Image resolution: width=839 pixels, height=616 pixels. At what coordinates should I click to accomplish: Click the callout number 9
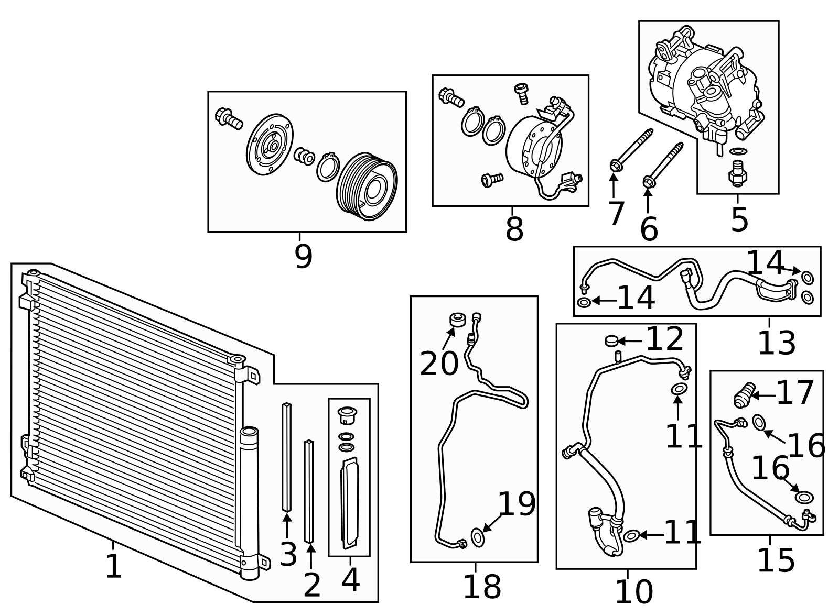point(303,256)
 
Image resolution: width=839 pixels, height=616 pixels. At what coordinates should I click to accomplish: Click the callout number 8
point(514,229)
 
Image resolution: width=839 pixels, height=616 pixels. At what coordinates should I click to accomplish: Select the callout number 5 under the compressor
point(739,219)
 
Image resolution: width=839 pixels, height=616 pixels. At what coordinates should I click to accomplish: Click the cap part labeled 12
point(611,340)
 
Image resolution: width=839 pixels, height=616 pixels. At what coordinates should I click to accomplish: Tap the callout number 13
point(777,344)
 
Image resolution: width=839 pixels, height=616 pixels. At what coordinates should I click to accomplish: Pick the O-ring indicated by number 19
point(478,537)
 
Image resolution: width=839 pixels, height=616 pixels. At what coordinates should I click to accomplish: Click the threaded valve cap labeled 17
point(744,395)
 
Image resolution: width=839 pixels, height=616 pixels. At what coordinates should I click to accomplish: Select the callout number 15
point(776,560)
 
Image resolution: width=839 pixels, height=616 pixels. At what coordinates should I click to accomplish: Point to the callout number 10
point(633,592)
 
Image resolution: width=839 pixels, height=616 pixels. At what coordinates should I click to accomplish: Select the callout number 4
point(350,580)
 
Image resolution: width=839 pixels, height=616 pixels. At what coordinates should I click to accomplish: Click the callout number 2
point(311,585)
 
